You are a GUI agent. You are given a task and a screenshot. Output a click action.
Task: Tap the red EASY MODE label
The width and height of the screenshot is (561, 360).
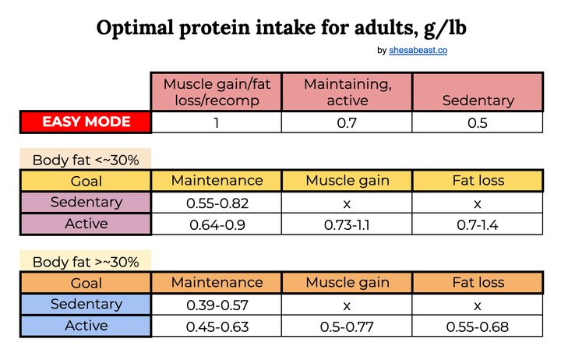click(x=86, y=122)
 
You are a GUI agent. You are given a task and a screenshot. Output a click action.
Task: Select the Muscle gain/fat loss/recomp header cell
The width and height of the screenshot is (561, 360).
click(x=217, y=92)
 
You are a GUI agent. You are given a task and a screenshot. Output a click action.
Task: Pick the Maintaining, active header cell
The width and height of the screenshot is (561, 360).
click(x=347, y=92)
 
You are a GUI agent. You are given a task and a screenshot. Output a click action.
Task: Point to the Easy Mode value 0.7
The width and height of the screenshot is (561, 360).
click(x=347, y=122)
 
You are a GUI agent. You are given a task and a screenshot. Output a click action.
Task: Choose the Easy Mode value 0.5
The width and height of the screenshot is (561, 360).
click(x=478, y=122)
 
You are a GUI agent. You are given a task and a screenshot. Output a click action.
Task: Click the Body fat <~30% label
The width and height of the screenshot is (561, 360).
click(x=86, y=161)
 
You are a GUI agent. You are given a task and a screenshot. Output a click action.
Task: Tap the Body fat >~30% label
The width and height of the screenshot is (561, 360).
click(x=86, y=262)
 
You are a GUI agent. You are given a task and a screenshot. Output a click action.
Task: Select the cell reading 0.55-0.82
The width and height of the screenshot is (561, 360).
click(x=217, y=204)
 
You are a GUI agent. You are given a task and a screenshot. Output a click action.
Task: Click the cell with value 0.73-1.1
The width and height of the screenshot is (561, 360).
click(x=347, y=225)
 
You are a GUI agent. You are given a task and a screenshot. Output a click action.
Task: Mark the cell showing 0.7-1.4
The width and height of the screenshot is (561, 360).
click(x=478, y=225)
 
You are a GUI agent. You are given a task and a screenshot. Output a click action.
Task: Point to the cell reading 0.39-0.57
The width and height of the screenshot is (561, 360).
click(x=217, y=305)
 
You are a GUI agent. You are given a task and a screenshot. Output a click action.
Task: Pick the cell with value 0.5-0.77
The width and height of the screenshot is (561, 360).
click(x=347, y=326)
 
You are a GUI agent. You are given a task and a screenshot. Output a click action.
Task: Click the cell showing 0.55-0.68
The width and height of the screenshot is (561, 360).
click(x=478, y=326)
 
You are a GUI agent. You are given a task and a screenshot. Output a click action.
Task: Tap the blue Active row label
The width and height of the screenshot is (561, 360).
click(x=86, y=326)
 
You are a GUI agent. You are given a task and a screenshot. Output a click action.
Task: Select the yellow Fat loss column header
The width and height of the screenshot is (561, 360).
click(x=478, y=181)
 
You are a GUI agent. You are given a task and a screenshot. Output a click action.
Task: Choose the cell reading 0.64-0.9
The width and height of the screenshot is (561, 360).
click(x=217, y=225)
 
